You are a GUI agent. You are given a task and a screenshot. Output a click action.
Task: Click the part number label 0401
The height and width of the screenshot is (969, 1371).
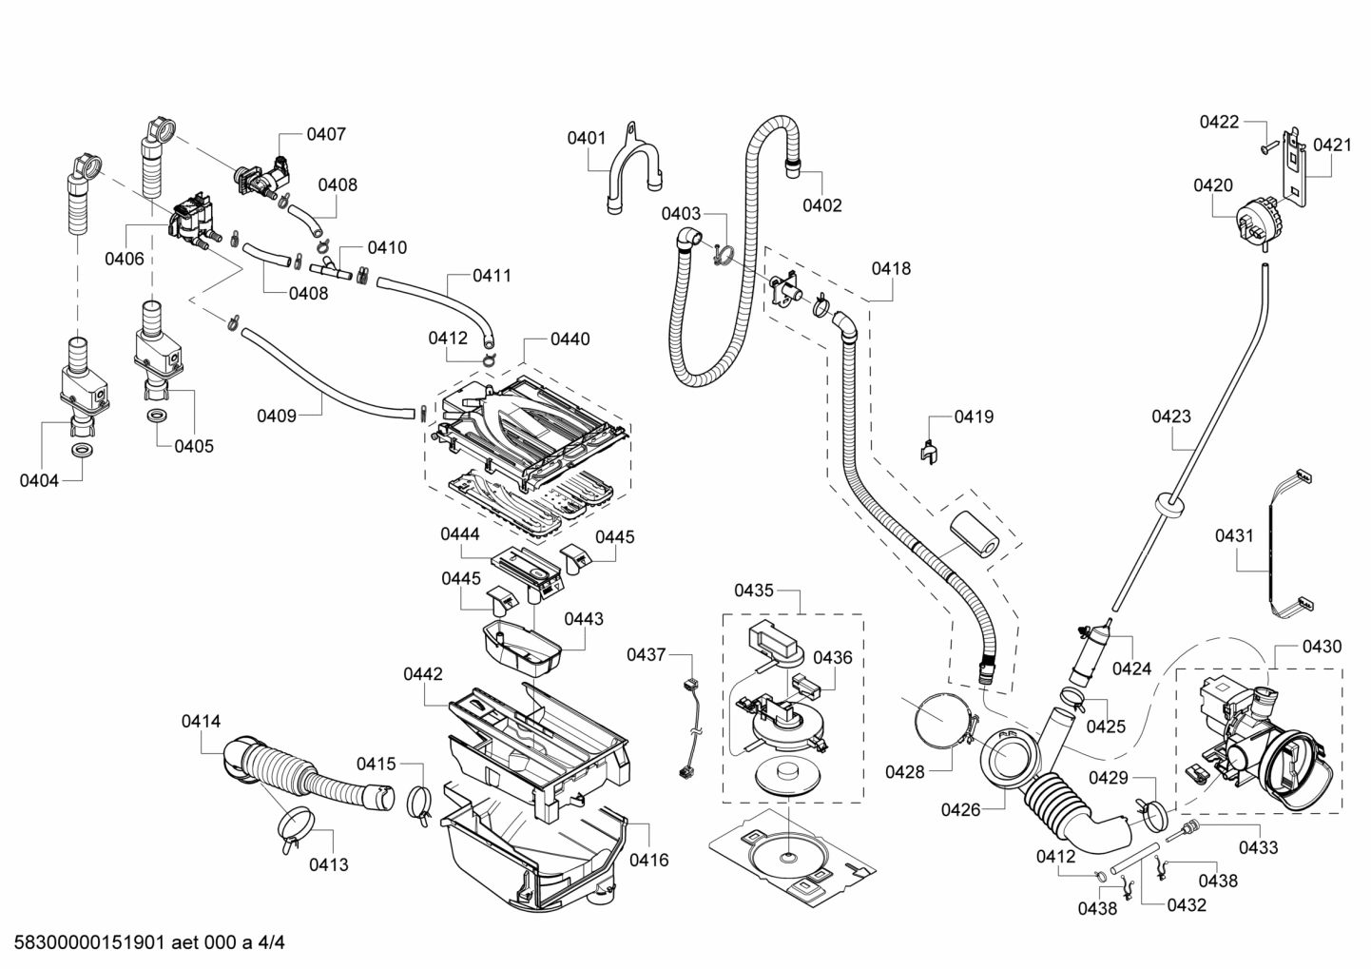[587, 138]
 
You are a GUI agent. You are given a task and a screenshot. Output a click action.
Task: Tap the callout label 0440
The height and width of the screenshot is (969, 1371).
[570, 339]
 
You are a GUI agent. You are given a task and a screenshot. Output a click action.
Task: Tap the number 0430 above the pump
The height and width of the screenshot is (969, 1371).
[1322, 647]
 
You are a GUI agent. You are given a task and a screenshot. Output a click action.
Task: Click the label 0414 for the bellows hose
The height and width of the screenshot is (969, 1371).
[201, 722]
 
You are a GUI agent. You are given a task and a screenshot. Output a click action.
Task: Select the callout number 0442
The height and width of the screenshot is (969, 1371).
[422, 674]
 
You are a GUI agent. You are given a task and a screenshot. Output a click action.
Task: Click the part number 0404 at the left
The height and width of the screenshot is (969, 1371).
[39, 480]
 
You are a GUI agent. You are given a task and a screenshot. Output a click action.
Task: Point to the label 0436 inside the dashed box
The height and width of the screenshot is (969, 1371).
[832, 657]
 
